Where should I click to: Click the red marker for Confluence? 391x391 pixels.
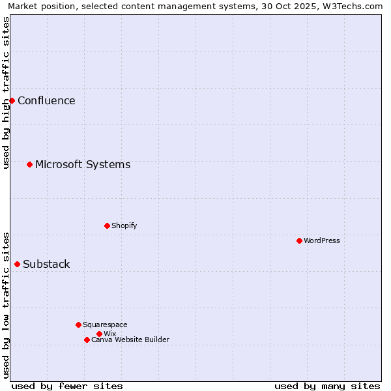tap(12, 100)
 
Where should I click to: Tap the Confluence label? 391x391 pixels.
tap(46, 100)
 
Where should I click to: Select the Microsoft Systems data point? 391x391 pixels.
tap(29, 164)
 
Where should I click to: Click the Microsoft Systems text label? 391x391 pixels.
tap(83, 164)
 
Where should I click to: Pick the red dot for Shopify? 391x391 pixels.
tap(107, 225)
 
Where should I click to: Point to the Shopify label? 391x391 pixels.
tap(124, 225)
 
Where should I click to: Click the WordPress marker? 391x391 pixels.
tap(299, 240)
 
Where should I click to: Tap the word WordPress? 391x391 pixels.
tap(321, 240)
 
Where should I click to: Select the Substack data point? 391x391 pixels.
tap(17, 264)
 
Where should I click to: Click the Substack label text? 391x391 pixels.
tap(46, 264)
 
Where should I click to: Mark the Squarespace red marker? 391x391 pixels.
tap(78, 325)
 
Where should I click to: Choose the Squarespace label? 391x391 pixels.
tap(105, 325)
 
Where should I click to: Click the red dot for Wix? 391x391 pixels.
tap(99, 334)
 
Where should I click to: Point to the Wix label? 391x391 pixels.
tap(109, 334)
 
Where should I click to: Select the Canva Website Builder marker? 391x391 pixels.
tap(87, 340)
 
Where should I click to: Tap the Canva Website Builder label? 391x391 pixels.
tap(130, 340)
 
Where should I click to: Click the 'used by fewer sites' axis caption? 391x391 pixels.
tap(67, 386)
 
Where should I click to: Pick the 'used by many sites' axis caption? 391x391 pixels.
tap(327, 386)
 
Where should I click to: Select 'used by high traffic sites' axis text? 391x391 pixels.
tap(7, 93)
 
